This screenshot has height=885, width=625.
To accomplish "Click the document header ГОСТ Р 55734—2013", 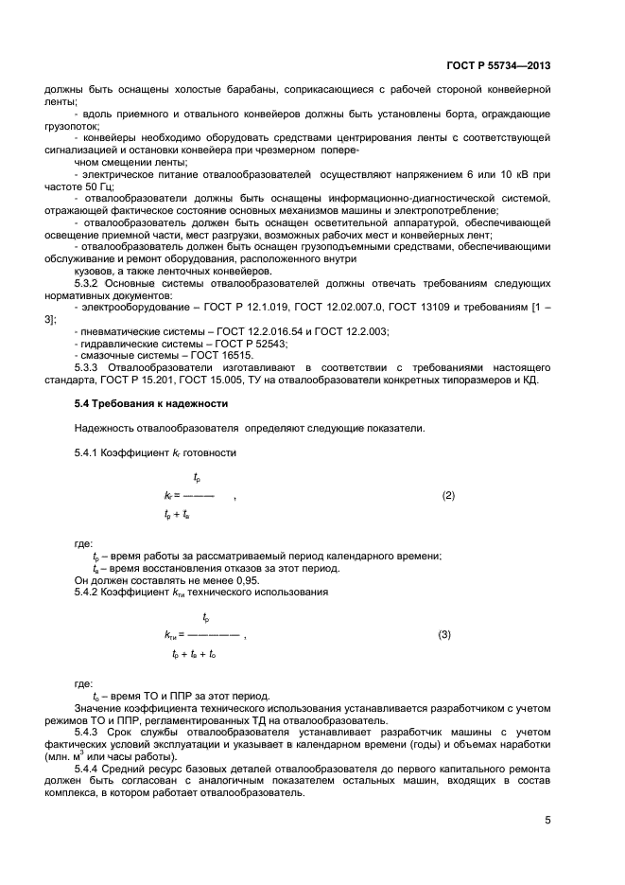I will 498,66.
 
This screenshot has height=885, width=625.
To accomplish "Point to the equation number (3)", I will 443,635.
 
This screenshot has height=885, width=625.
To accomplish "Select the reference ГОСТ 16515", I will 215,353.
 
